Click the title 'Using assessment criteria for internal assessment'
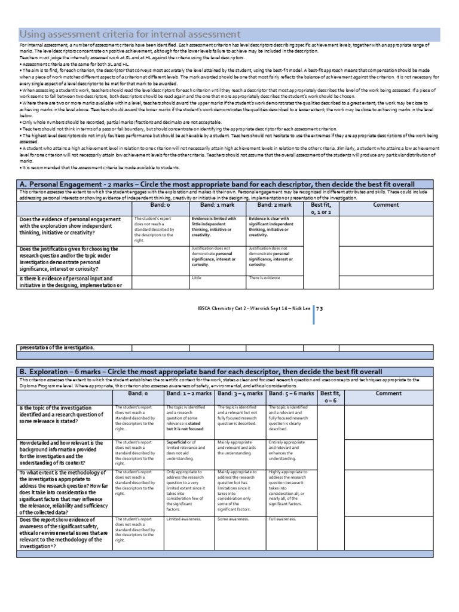pyautogui.click(x=130, y=34)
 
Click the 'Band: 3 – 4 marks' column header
pyautogui.click(x=241, y=393)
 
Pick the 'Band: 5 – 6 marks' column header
pyautogui.click(x=292, y=393)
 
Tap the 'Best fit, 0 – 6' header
pyautogui.click(x=331, y=397)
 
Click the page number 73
pyautogui.click(x=319, y=308)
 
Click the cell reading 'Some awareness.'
pyautogui.click(x=231, y=519)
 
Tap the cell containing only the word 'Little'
pyautogui.click(x=197, y=278)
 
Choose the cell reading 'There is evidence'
pyautogui.click(x=264, y=278)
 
